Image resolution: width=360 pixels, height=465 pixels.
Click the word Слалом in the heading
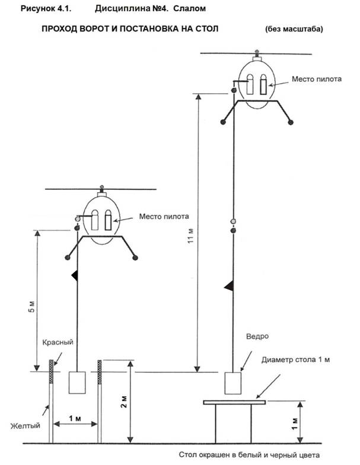189,8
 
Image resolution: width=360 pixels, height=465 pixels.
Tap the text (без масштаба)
294,29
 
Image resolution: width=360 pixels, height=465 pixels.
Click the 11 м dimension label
191,236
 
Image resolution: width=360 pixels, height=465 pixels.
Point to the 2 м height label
123,402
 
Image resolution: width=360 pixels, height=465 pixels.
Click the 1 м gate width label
75,419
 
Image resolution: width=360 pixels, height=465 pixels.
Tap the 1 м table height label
294,423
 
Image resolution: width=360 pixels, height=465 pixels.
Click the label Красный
58,342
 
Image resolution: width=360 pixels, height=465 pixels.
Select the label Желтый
25,426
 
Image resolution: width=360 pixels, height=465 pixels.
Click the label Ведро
257,336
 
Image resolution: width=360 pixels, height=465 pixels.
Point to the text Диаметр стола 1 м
295,359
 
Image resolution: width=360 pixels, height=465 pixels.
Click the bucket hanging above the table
232,383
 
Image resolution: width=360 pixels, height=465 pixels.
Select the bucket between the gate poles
77,383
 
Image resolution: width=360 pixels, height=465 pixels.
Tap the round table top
234,402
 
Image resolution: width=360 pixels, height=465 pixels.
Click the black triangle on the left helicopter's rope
75,276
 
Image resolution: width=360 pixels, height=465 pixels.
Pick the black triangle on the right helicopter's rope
229,286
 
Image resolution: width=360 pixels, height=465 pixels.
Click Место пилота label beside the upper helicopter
317,79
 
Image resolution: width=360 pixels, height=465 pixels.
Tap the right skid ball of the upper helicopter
291,122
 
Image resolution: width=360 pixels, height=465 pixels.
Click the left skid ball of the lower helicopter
68,257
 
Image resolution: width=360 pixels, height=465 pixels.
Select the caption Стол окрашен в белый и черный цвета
249,455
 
